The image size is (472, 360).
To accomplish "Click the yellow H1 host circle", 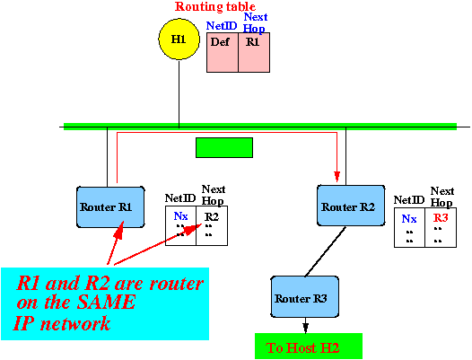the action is tap(179, 40).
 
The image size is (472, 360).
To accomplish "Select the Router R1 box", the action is tap(110, 207).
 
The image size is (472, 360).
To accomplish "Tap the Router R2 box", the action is tap(351, 206).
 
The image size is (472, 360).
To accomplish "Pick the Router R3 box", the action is tap(305, 297).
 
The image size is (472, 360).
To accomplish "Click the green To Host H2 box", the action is tap(309, 347).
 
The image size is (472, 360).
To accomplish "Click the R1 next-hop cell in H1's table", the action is tap(254, 52).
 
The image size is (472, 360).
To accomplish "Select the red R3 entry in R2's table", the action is tap(441, 217).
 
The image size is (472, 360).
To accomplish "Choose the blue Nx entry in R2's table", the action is tap(409, 219).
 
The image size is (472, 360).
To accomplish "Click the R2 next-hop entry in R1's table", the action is tap(212, 216).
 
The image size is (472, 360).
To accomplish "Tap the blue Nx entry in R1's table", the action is tap(181, 216).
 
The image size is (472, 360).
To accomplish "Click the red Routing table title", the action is tap(215, 6).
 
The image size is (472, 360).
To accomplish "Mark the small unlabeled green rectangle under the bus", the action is tap(224, 147).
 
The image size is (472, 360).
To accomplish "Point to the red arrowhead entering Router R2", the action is tap(337, 177).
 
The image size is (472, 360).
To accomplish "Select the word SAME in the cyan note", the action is tap(106, 302).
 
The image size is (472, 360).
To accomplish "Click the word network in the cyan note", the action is tap(75, 323).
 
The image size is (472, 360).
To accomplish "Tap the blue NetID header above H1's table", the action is tap(222, 26).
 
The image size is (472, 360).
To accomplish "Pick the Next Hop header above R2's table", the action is tap(441, 197).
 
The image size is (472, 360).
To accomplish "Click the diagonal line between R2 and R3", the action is tap(326, 251).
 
